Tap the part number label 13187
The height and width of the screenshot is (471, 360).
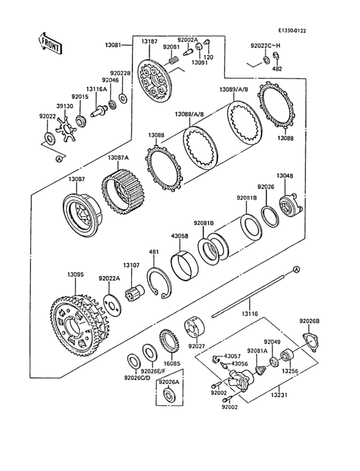tap(149, 41)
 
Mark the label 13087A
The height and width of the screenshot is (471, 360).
tap(118, 158)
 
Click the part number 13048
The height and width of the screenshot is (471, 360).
tap(285, 176)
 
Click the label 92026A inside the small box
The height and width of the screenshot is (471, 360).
tap(168, 382)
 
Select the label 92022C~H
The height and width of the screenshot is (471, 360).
tap(265, 46)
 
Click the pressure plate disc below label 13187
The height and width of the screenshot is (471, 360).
tap(154, 80)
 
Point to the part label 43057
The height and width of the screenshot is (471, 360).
tap(231, 356)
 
